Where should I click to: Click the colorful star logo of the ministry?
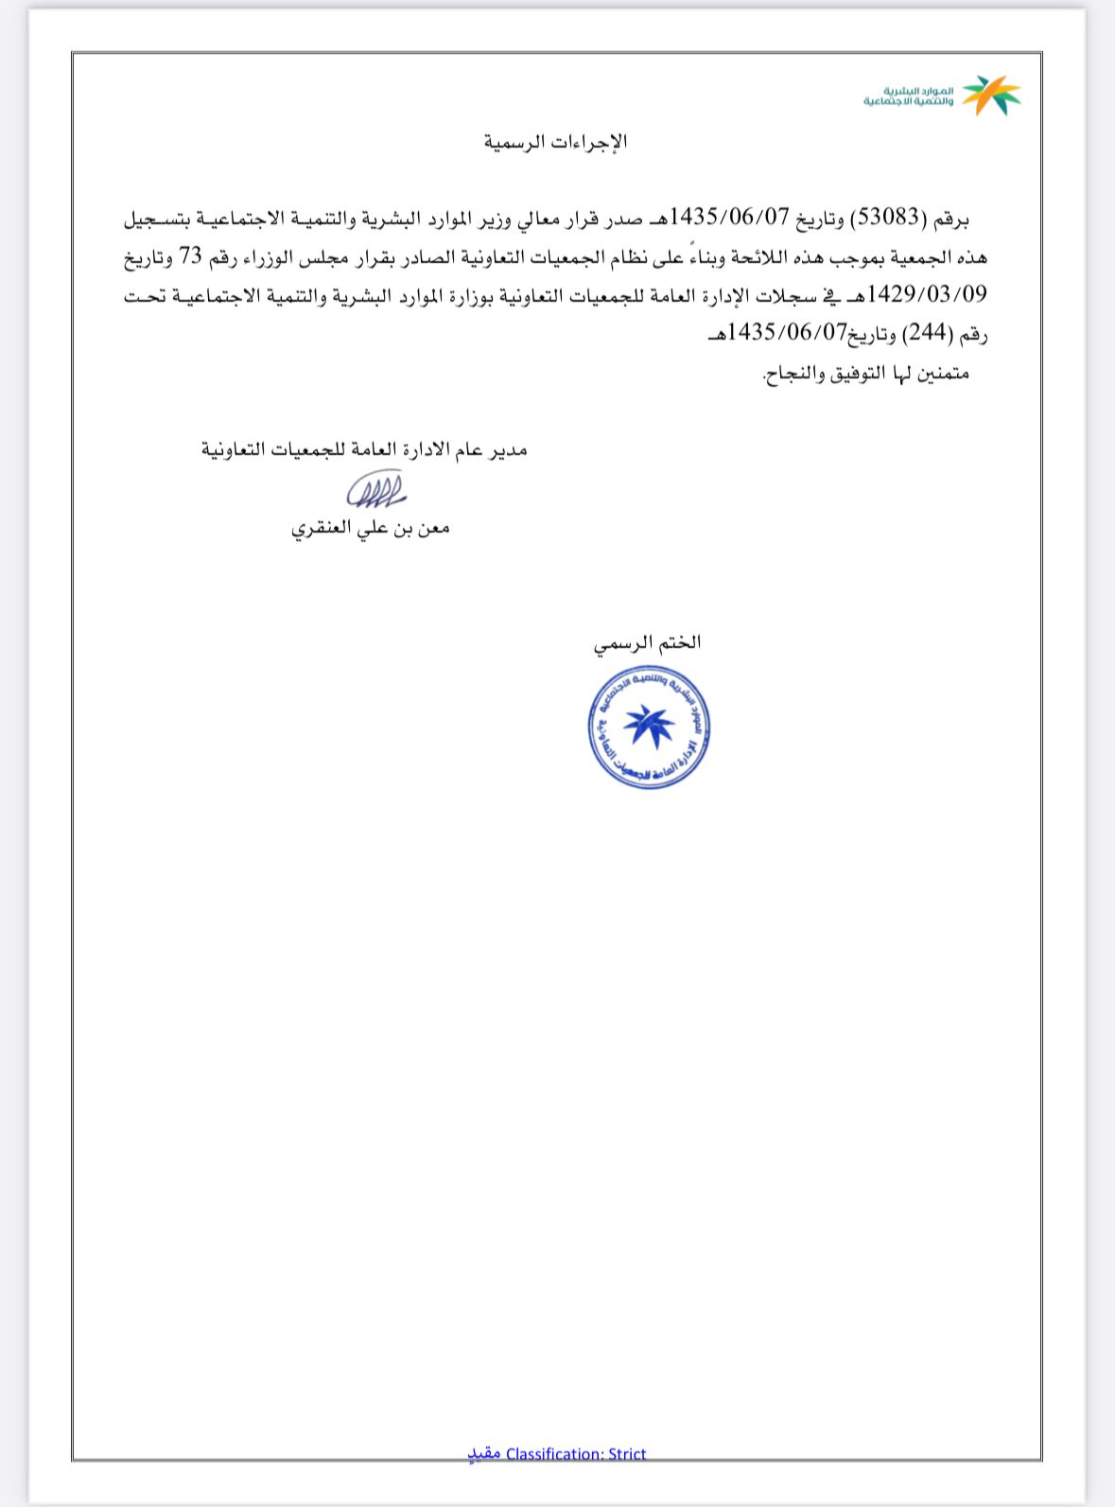tap(991, 96)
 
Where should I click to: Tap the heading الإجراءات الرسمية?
tap(556, 143)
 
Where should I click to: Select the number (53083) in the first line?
tap(885, 218)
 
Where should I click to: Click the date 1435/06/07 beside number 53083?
tap(729, 218)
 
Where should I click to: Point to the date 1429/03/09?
tap(927, 294)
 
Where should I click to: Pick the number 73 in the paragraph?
tap(853, 256)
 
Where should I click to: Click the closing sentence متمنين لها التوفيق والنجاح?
tap(866, 373)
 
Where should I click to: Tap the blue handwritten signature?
tap(375, 489)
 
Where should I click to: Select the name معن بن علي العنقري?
tap(370, 528)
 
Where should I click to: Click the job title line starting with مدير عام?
tap(364, 449)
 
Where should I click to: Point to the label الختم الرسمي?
tap(648, 643)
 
